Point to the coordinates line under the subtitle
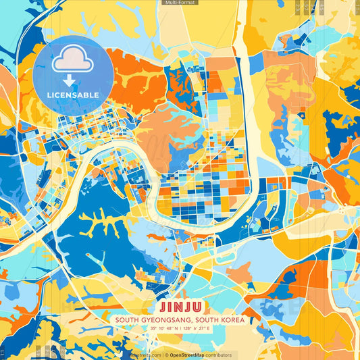coord(180,328)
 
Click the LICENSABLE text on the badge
coord(73,95)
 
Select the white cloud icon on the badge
coord(73,59)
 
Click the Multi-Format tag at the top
coord(180,3)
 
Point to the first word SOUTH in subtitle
coord(127,319)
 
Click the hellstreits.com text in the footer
coord(143,355)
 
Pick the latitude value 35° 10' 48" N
coord(162,328)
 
